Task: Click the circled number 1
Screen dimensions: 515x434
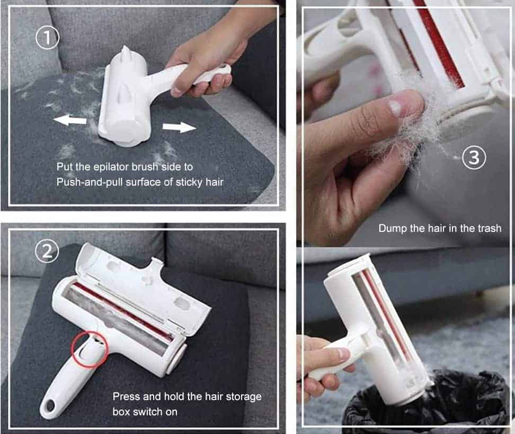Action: pyautogui.click(x=47, y=38)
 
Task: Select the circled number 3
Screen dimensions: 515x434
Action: pyautogui.click(x=474, y=157)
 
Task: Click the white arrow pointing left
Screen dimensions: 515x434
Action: pyautogui.click(x=69, y=120)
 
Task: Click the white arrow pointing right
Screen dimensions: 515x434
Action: pyautogui.click(x=179, y=127)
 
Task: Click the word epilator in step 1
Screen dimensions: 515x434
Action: pyautogui.click(x=116, y=167)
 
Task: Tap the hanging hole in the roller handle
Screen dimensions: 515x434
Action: pyautogui.click(x=50, y=406)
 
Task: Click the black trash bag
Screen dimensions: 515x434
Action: pyautogui.click(x=427, y=404)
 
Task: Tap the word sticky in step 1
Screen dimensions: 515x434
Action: pyautogui.click(x=188, y=182)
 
